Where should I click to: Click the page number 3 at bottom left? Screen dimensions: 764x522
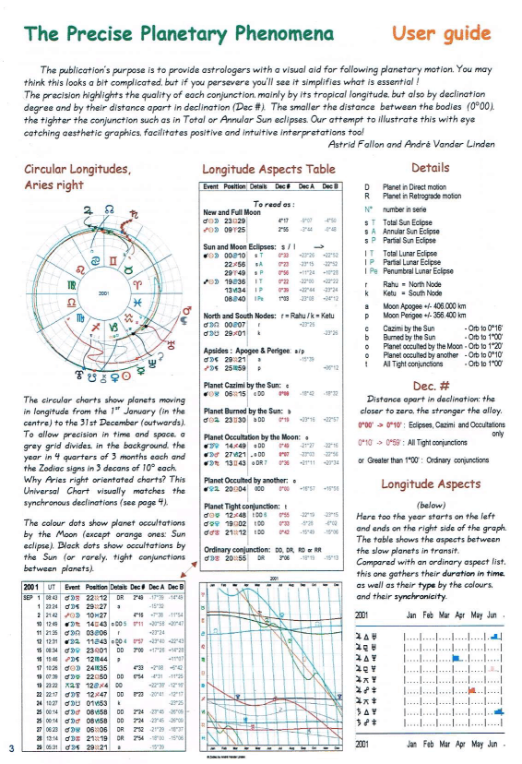point(8,747)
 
